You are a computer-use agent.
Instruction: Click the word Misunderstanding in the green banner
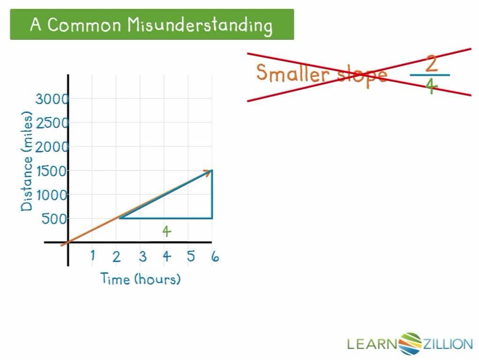[x=200, y=25]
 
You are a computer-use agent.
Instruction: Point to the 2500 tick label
[x=52, y=123]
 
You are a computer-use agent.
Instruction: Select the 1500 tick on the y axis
[x=52, y=171]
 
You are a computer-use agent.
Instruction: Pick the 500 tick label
[x=55, y=219]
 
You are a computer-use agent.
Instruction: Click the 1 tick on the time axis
[x=93, y=255]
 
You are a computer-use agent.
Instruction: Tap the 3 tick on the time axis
[x=142, y=256]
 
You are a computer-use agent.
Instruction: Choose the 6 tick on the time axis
[x=215, y=256]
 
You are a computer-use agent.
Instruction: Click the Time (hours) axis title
[x=141, y=279]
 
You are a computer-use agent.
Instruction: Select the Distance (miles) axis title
[x=27, y=161]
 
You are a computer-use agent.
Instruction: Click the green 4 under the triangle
[x=166, y=231]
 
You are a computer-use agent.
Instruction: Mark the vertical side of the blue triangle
[x=212, y=195]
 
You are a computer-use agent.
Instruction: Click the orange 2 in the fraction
[x=431, y=64]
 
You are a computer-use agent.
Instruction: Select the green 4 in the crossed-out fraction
[x=431, y=86]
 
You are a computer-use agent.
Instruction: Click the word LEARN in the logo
[x=372, y=345]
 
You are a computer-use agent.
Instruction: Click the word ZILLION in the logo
[x=448, y=345]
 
